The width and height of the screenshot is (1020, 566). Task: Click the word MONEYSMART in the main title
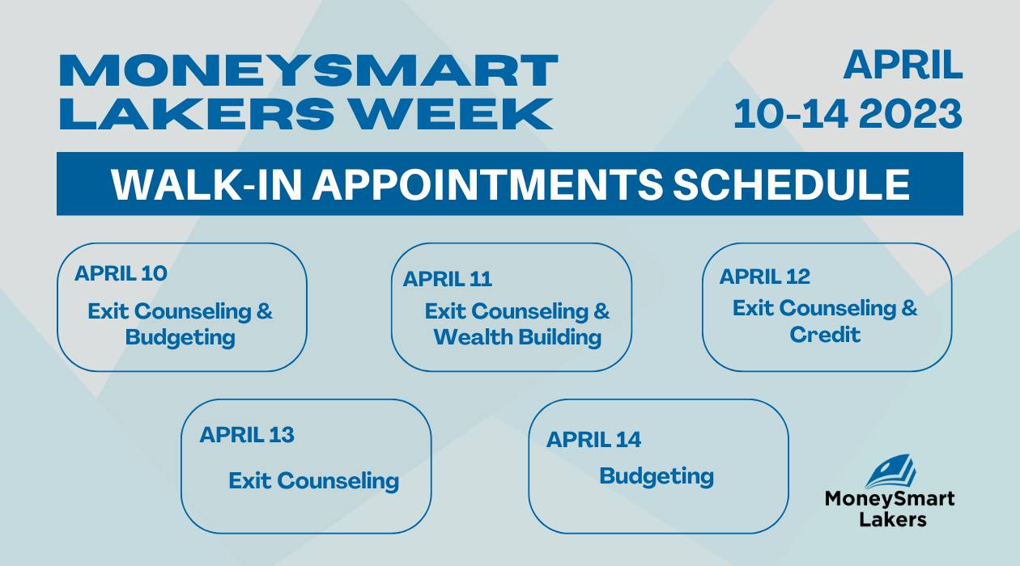click(x=308, y=70)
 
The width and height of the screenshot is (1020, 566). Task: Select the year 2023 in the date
click(x=910, y=113)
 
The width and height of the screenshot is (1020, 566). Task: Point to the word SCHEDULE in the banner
click(x=792, y=184)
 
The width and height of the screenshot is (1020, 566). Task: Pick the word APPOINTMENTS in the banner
click(x=487, y=184)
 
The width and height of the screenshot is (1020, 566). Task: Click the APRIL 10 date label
click(x=121, y=273)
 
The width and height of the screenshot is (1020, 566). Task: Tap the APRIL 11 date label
click(x=448, y=279)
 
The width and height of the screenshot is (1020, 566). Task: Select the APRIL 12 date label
click(x=764, y=277)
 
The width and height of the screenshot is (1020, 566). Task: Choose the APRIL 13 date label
click(x=247, y=434)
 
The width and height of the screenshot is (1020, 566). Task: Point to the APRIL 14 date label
click(x=594, y=440)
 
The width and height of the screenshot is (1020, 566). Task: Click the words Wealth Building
click(x=517, y=337)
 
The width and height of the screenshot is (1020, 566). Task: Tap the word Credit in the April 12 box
click(x=825, y=335)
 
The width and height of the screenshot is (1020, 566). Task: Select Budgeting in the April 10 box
click(x=181, y=338)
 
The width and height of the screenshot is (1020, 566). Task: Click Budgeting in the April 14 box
click(x=657, y=477)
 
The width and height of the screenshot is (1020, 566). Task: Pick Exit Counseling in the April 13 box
click(x=314, y=481)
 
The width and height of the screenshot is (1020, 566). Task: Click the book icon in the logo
click(x=890, y=471)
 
